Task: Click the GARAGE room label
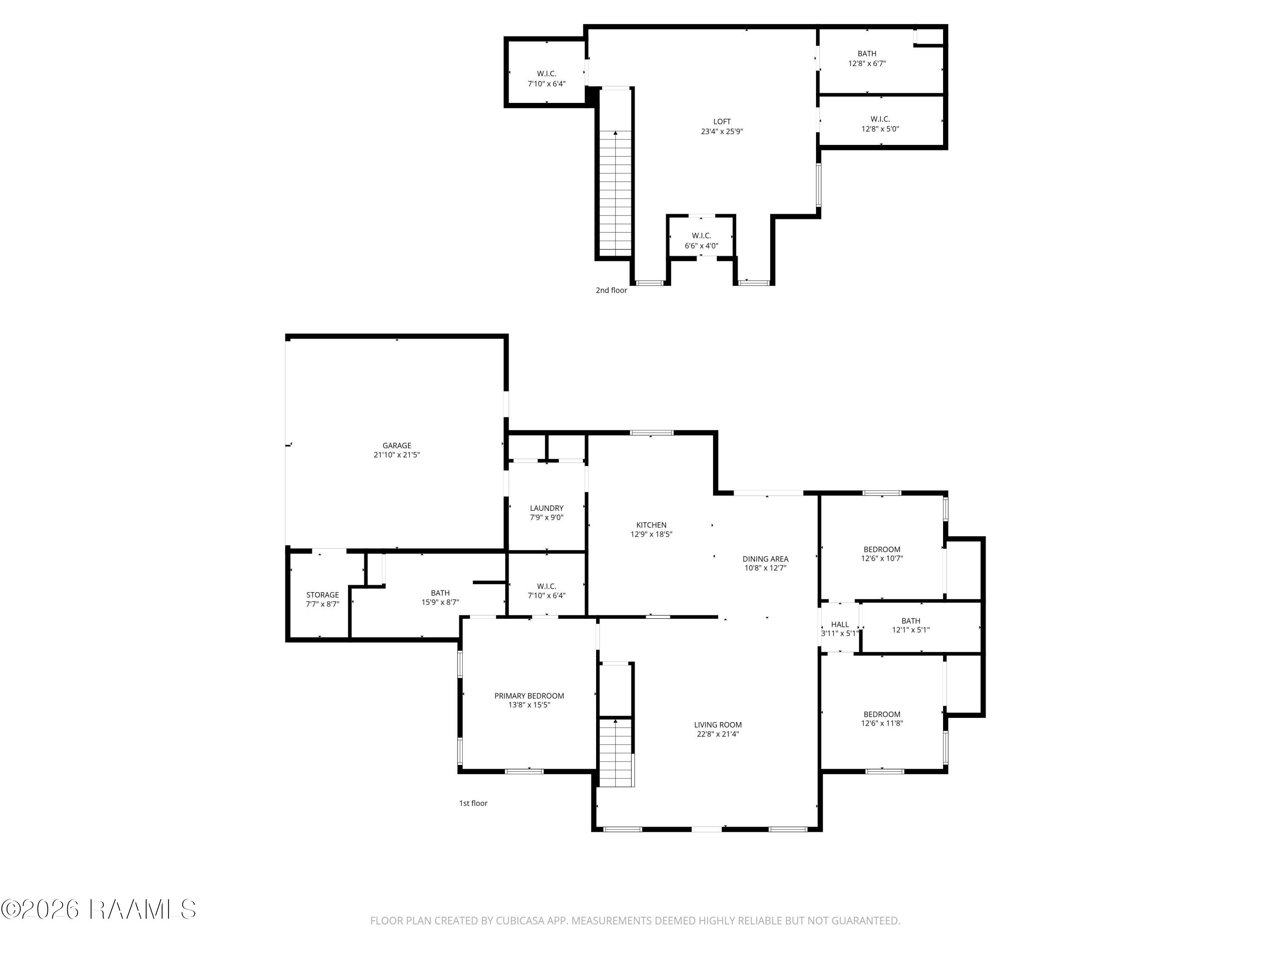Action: (x=397, y=445)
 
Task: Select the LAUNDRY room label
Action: (x=547, y=508)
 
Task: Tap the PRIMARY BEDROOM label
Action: (x=529, y=695)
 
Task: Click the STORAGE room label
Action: (x=322, y=595)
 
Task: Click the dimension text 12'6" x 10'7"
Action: (x=882, y=558)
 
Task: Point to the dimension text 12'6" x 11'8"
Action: (x=882, y=723)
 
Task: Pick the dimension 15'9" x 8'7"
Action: (x=440, y=602)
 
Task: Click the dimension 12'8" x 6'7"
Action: (x=867, y=63)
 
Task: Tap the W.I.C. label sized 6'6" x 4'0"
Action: (x=702, y=235)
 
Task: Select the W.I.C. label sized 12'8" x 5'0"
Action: (x=880, y=119)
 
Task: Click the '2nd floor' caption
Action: (x=611, y=290)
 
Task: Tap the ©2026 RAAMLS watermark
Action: (x=98, y=909)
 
